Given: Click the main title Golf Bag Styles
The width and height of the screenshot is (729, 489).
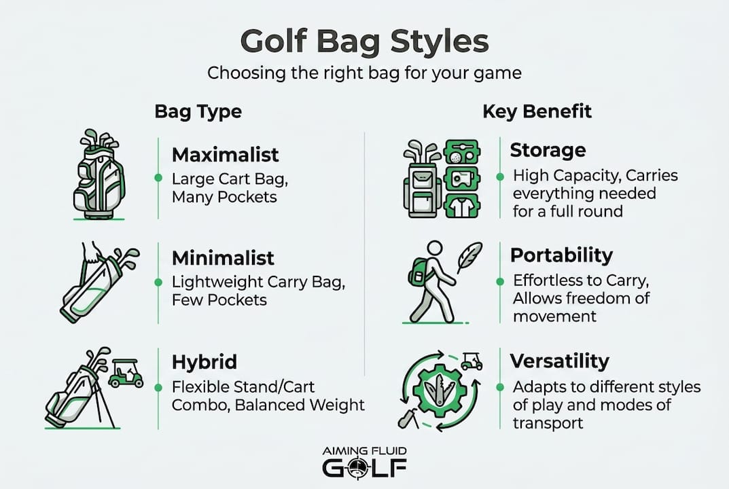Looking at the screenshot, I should (364, 41).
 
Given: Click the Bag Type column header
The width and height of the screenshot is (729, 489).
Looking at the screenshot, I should (198, 111).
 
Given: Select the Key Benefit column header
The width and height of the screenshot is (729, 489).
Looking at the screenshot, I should (537, 111).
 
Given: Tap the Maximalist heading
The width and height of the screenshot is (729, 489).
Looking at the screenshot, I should (225, 155).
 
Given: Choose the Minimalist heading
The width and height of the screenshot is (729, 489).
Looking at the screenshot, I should (223, 258).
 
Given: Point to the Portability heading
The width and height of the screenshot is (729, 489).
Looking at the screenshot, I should (561, 255).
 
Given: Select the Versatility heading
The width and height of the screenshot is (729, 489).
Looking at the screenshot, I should (559, 360).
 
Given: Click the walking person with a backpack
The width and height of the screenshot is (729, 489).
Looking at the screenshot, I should (432, 280).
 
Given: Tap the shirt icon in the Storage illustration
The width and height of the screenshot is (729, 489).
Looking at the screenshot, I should (462, 205).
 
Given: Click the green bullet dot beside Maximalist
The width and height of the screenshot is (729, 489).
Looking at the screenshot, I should (158, 178).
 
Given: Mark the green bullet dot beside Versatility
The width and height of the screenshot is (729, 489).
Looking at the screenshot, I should (500, 387).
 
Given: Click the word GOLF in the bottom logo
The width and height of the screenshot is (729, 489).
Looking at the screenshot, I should (364, 469).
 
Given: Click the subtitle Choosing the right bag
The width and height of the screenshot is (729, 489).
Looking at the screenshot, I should (364, 73).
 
